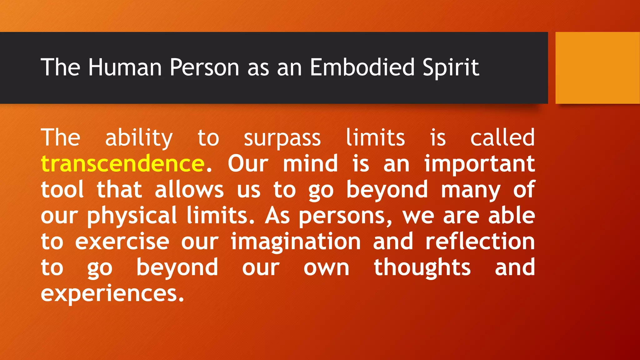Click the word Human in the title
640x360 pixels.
125,67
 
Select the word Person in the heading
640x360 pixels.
204,67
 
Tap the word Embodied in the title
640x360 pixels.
362,67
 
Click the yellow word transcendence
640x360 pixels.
122,163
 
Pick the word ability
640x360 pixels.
139,138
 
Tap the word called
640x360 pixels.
502,137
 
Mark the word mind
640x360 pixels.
310,163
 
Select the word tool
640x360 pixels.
62,189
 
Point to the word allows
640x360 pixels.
189,189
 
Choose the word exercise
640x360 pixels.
122,242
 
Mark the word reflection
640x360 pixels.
480,242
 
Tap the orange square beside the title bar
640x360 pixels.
597,68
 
